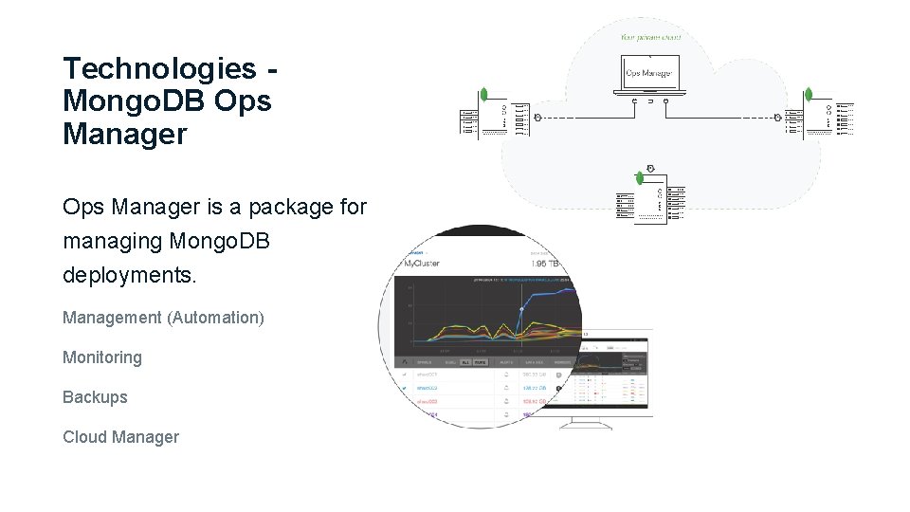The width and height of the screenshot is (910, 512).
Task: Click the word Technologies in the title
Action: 158,69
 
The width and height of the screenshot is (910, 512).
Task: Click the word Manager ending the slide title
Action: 124,135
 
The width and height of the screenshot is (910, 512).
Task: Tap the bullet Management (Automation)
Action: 163,318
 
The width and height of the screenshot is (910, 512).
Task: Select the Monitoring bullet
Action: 102,357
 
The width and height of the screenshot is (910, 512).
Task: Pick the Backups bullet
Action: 95,397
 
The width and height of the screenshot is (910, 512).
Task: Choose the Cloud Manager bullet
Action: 120,437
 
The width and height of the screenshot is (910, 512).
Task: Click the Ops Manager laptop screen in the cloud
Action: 649,73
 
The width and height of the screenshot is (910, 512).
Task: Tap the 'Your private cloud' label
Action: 650,38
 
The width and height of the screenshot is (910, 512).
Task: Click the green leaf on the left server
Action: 484,95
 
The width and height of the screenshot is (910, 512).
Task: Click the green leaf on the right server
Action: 809,95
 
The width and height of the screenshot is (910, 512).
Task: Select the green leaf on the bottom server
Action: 640,177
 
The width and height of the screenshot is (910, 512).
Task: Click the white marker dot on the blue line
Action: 521,310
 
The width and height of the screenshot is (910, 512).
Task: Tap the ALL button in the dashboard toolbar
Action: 464,362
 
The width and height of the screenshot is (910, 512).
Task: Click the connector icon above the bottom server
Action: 650,165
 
